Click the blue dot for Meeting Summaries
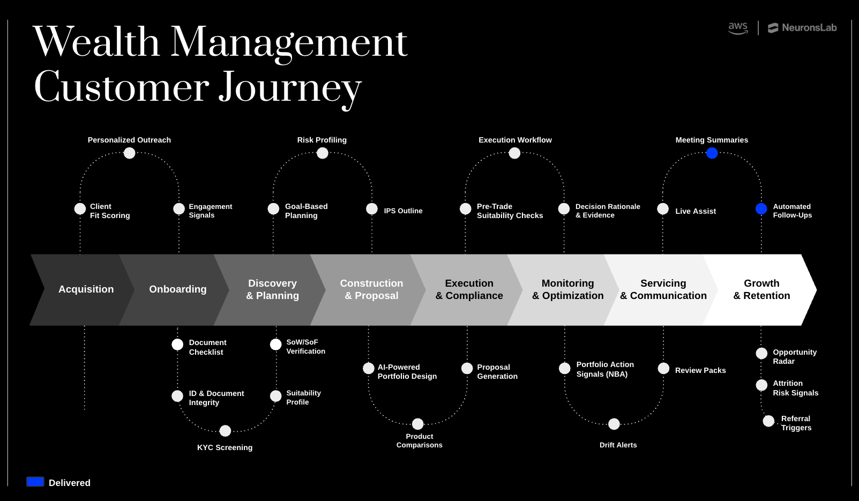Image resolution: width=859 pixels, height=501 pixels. pos(712,153)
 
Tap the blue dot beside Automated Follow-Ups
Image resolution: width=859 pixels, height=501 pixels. pos(761,209)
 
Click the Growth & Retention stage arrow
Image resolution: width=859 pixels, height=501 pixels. pos(761,289)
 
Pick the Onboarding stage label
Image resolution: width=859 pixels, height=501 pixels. pos(177,289)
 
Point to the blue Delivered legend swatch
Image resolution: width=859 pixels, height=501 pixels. pos(35,482)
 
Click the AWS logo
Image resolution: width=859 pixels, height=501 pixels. pos(738,28)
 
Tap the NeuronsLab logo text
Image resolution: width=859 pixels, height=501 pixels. pos(809,28)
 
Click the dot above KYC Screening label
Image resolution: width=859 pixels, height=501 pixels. pos(225,431)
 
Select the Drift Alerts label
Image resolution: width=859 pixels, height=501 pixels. pos(618,445)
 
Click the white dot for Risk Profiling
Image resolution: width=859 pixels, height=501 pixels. pos(322,153)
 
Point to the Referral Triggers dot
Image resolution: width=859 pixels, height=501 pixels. pos(768,421)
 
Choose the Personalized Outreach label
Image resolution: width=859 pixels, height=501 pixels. pos(129,140)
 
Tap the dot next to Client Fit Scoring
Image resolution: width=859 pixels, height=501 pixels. pos(80,209)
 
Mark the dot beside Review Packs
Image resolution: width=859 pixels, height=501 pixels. pos(663,369)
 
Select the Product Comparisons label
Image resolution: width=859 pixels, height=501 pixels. pos(419,440)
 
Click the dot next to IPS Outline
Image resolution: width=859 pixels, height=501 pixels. pos(372,209)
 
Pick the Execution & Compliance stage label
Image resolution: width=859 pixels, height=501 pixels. pos(469,289)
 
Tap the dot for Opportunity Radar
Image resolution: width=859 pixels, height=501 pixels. pos(761,354)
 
